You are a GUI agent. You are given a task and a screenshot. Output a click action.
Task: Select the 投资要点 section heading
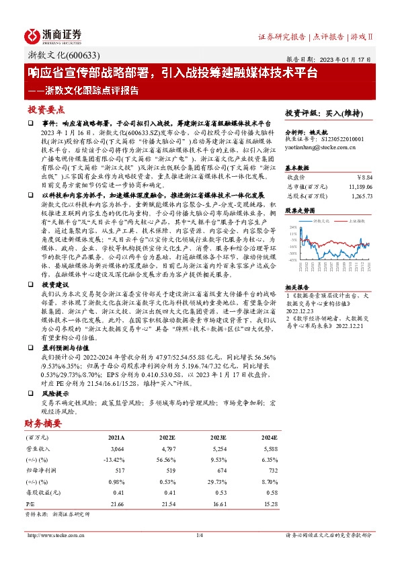[45, 110]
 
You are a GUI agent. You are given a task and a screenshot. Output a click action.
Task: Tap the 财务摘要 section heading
[44, 423]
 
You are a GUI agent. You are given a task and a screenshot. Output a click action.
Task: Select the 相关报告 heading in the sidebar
[297, 286]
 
